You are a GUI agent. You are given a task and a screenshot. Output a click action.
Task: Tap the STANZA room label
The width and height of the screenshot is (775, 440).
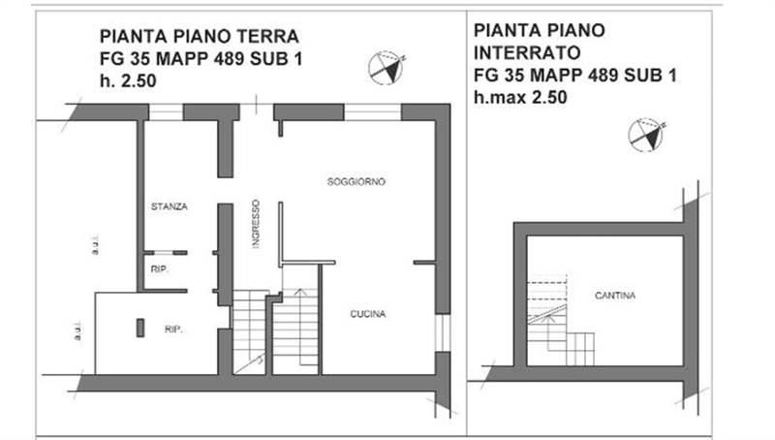(169, 206)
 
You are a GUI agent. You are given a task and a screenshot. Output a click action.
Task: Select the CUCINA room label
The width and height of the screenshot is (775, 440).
(367, 314)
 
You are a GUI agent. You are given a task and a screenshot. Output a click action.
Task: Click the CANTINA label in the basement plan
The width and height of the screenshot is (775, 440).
(615, 296)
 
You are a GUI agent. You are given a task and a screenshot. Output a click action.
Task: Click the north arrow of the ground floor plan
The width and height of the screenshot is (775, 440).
(387, 68)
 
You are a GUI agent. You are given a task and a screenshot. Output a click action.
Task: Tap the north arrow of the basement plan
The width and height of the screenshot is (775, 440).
(646, 135)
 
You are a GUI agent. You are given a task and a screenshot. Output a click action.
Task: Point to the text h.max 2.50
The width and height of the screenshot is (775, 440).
(519, 97)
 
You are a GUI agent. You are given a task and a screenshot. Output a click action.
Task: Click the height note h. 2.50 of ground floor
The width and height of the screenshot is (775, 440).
(128, 82)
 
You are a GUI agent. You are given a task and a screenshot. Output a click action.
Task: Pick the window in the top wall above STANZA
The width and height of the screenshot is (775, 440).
(166, 111)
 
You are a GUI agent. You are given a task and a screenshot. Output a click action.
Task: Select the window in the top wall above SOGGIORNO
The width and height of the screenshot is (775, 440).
(373, 111)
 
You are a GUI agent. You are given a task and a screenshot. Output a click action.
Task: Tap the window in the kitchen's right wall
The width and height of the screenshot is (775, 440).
(443, 332)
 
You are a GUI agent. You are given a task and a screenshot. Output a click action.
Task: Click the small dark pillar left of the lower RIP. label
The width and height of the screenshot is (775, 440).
(140, 328)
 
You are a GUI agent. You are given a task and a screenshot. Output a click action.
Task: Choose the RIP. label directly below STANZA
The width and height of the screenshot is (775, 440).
(158, 268)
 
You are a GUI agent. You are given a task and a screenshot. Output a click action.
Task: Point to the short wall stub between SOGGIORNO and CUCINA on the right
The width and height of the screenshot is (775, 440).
(424, 262)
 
